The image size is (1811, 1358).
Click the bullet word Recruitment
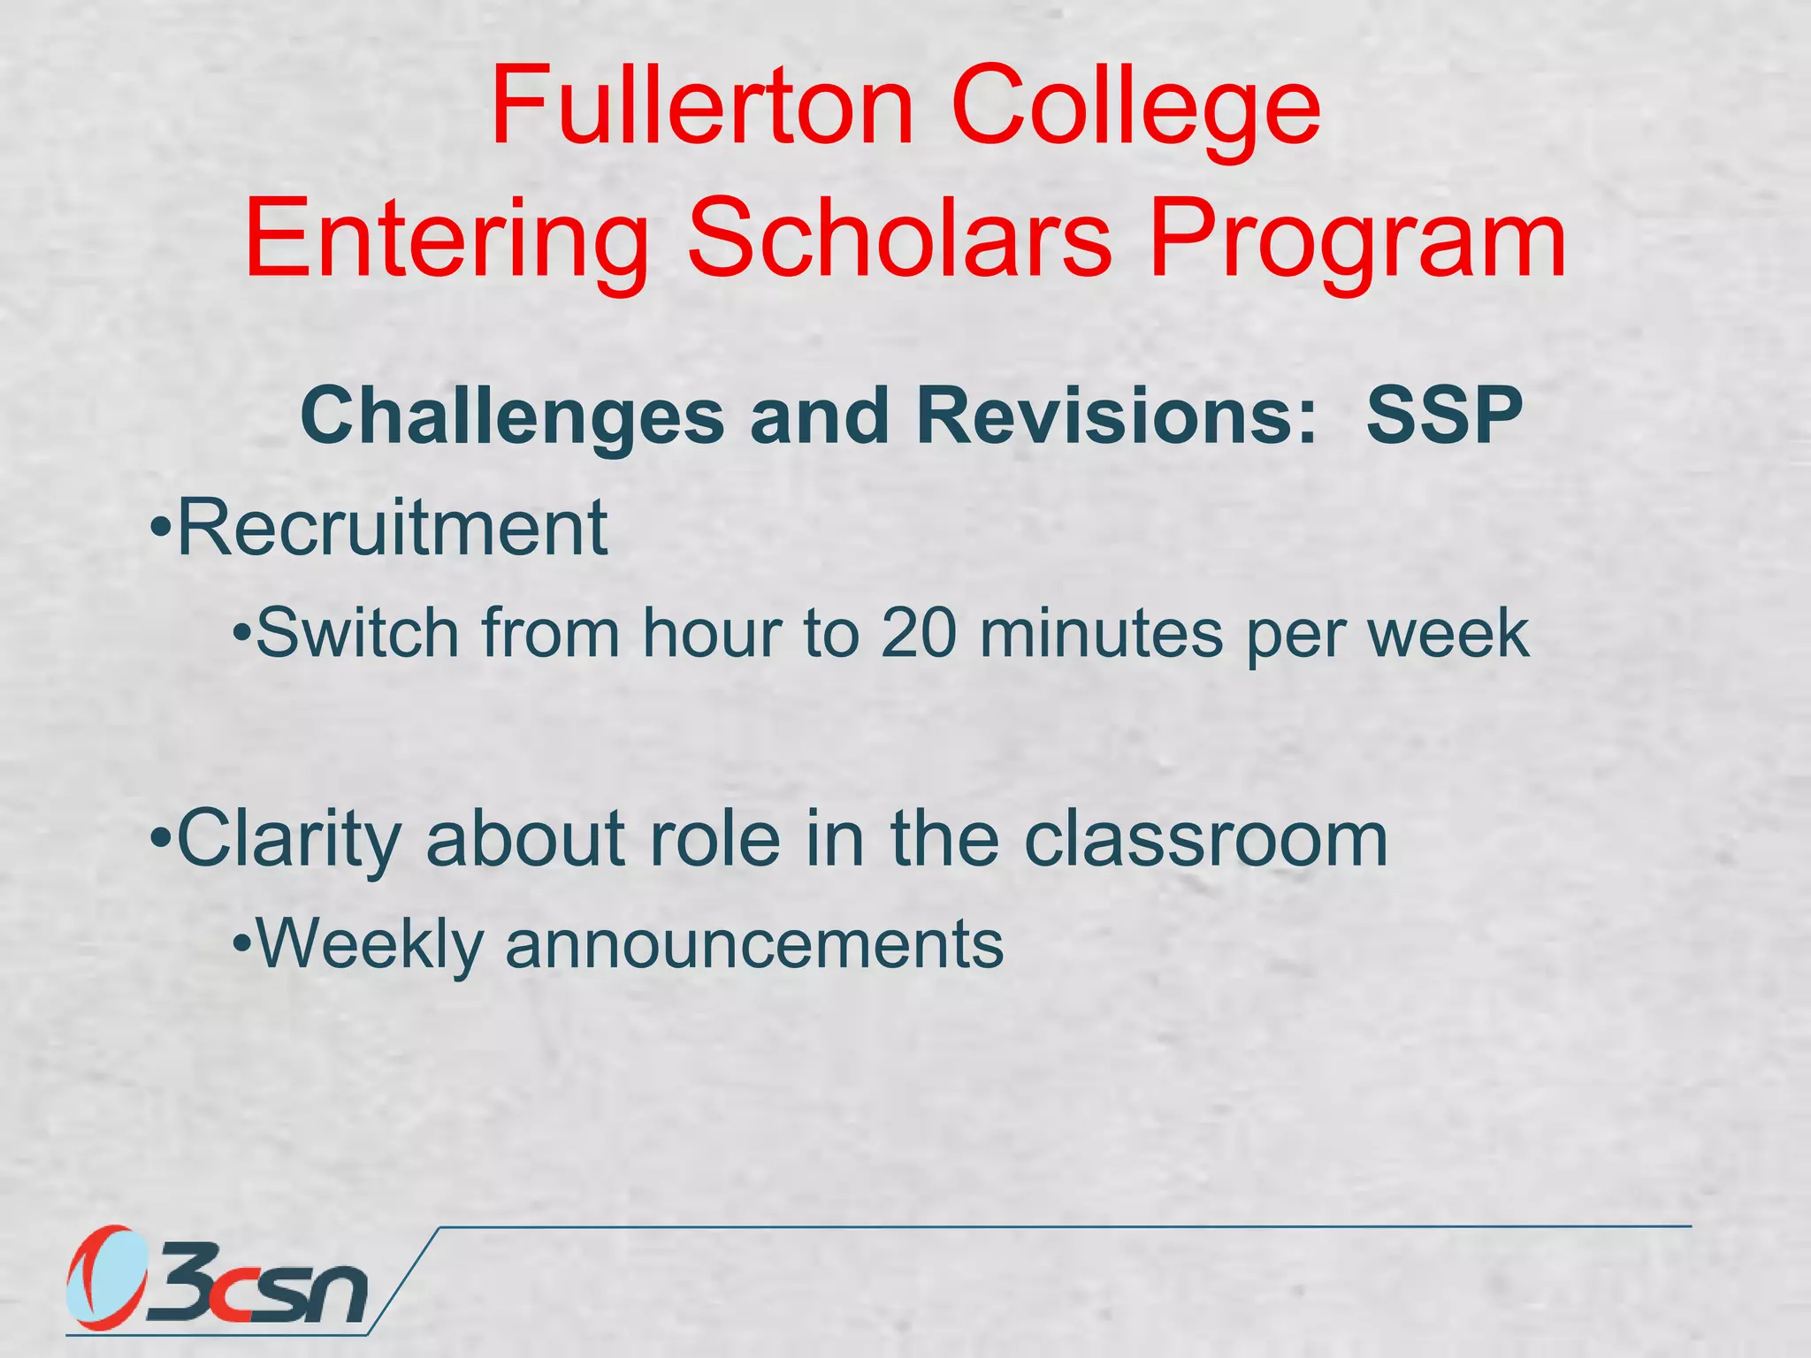click(x=392, y=528)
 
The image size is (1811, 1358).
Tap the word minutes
click(x=1101, y=634)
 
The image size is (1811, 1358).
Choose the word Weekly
click(x=370, y=944)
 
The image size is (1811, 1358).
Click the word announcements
click(x=754, y=944)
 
